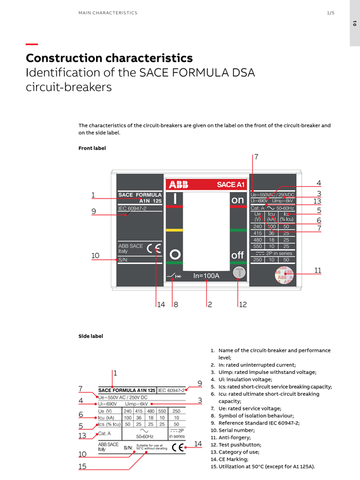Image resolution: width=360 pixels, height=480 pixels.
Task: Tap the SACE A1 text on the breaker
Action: [230, 185]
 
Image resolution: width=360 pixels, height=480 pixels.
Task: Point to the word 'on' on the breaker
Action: [237, 200]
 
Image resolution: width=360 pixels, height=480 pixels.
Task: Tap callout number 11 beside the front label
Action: [318, 270]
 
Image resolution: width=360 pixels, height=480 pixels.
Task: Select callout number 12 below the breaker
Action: [243, 304]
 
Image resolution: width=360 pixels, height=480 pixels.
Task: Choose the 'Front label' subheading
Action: [92, 148]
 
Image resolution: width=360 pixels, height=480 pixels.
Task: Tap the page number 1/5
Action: [331, 12]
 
